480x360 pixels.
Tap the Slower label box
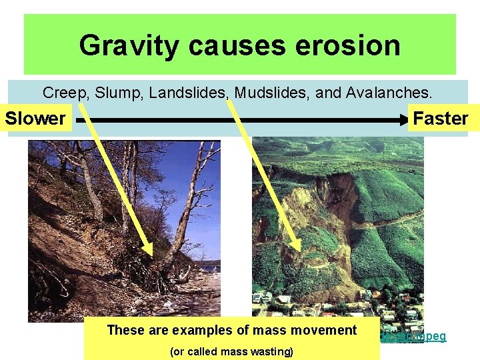36,119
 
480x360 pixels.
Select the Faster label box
440,119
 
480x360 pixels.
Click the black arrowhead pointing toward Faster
403,120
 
